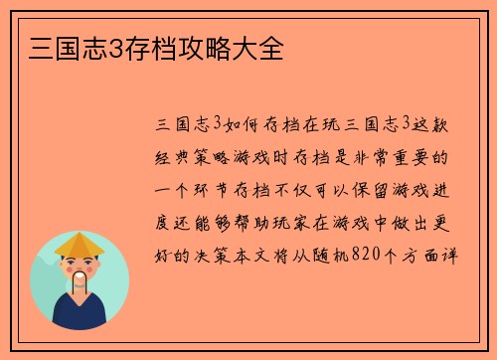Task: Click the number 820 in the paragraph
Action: tap(371, 253)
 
